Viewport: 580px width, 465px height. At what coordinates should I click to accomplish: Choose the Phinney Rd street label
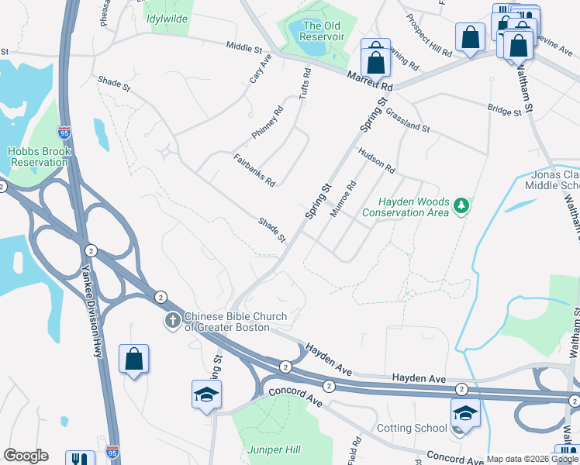268,122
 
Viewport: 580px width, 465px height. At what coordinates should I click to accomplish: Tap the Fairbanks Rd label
254,170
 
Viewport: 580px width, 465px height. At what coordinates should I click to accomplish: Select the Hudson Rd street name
376,160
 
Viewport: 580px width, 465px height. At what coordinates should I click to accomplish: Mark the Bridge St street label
505,112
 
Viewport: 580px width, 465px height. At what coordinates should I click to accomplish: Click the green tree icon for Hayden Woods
462,205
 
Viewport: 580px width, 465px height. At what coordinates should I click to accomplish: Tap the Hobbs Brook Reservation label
38,157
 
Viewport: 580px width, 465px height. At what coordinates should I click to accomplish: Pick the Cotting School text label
412,429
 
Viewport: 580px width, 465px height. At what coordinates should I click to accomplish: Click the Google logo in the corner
26,456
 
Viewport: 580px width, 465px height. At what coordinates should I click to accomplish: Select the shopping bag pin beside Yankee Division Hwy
133,360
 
